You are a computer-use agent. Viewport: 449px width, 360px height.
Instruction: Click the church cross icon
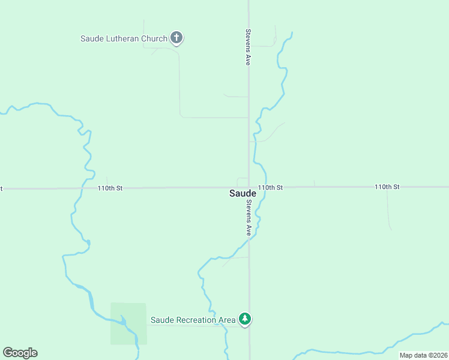pyautogui.click(x=176, y=38)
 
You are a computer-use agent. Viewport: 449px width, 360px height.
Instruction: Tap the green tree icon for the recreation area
pyautogui.click(x=244, y=319)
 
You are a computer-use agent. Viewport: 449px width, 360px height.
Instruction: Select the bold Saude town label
pyautogui.click(x=243, y=193)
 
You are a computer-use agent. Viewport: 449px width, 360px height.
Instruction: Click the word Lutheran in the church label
pyautogui.click(x=124, y=39)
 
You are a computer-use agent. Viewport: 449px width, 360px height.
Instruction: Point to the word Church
pyautogui.click(x=154, y=39)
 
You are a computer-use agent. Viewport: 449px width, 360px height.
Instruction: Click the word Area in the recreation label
pyautogui.click(x=227, y=320)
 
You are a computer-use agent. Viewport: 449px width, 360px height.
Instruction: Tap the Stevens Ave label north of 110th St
pyautogui.click(x=247, y=47)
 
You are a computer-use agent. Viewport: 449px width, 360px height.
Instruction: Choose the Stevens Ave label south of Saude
pyautogui.click(x=247, y=217)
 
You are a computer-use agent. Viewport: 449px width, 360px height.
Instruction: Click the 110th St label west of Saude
pyautogui.click(x=110, y=188)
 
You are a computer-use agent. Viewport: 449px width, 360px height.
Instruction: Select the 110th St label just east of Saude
pyautogui.click(x=271, y=188)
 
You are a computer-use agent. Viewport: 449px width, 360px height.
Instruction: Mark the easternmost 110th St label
pyautogui.click(x=387, y=187)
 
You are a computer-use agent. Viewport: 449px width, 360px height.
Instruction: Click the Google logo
pyautogui.click(x=20, y=353)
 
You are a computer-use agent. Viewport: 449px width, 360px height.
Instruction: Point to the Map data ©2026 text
pyautogui.click(x=423, y=355)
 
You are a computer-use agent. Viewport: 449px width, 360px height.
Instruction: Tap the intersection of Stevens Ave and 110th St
pyautogui.click(x=249, y=187)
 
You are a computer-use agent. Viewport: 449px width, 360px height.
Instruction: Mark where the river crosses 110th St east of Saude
pyautogui.click(x=261, y=187)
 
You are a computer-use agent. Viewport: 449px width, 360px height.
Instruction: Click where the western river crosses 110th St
pyautogui.click(x=88, y=188)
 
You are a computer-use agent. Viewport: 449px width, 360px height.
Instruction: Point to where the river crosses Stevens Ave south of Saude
pyautogui.click(x=249, y=238)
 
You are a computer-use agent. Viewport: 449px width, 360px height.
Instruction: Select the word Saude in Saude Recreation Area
pyautogui.click(x=161, y=320)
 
